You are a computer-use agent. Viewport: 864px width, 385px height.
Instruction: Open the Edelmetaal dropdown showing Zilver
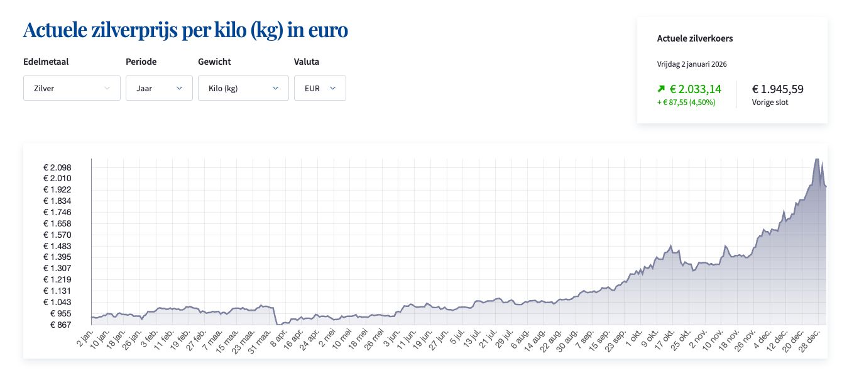click(72, 88)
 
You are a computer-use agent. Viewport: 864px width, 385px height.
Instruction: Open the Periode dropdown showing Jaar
click(159, 88)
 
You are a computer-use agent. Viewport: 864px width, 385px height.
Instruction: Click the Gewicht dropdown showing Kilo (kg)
click(243, 88)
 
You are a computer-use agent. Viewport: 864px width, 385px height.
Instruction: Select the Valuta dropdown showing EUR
click(320, 88)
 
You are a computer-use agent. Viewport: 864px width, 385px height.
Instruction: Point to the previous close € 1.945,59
click(778, 89)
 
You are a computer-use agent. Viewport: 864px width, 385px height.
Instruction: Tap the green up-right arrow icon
click(661, 89)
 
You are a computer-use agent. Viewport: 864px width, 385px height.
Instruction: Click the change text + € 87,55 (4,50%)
click(686, 102)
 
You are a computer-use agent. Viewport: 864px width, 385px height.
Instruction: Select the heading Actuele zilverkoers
click(695, 38)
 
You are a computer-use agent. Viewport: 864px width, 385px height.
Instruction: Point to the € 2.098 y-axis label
click(57, 167)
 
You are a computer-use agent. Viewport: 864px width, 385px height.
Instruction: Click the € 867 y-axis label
click(61, 325)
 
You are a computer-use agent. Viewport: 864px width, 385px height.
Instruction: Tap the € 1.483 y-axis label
click(57, 246)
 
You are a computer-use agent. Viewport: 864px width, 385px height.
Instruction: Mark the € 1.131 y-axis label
click(57, 291)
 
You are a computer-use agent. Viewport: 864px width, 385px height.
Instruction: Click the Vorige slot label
click(770, 102)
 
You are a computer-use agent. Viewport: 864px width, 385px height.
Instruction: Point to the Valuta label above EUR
click(307, 62)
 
